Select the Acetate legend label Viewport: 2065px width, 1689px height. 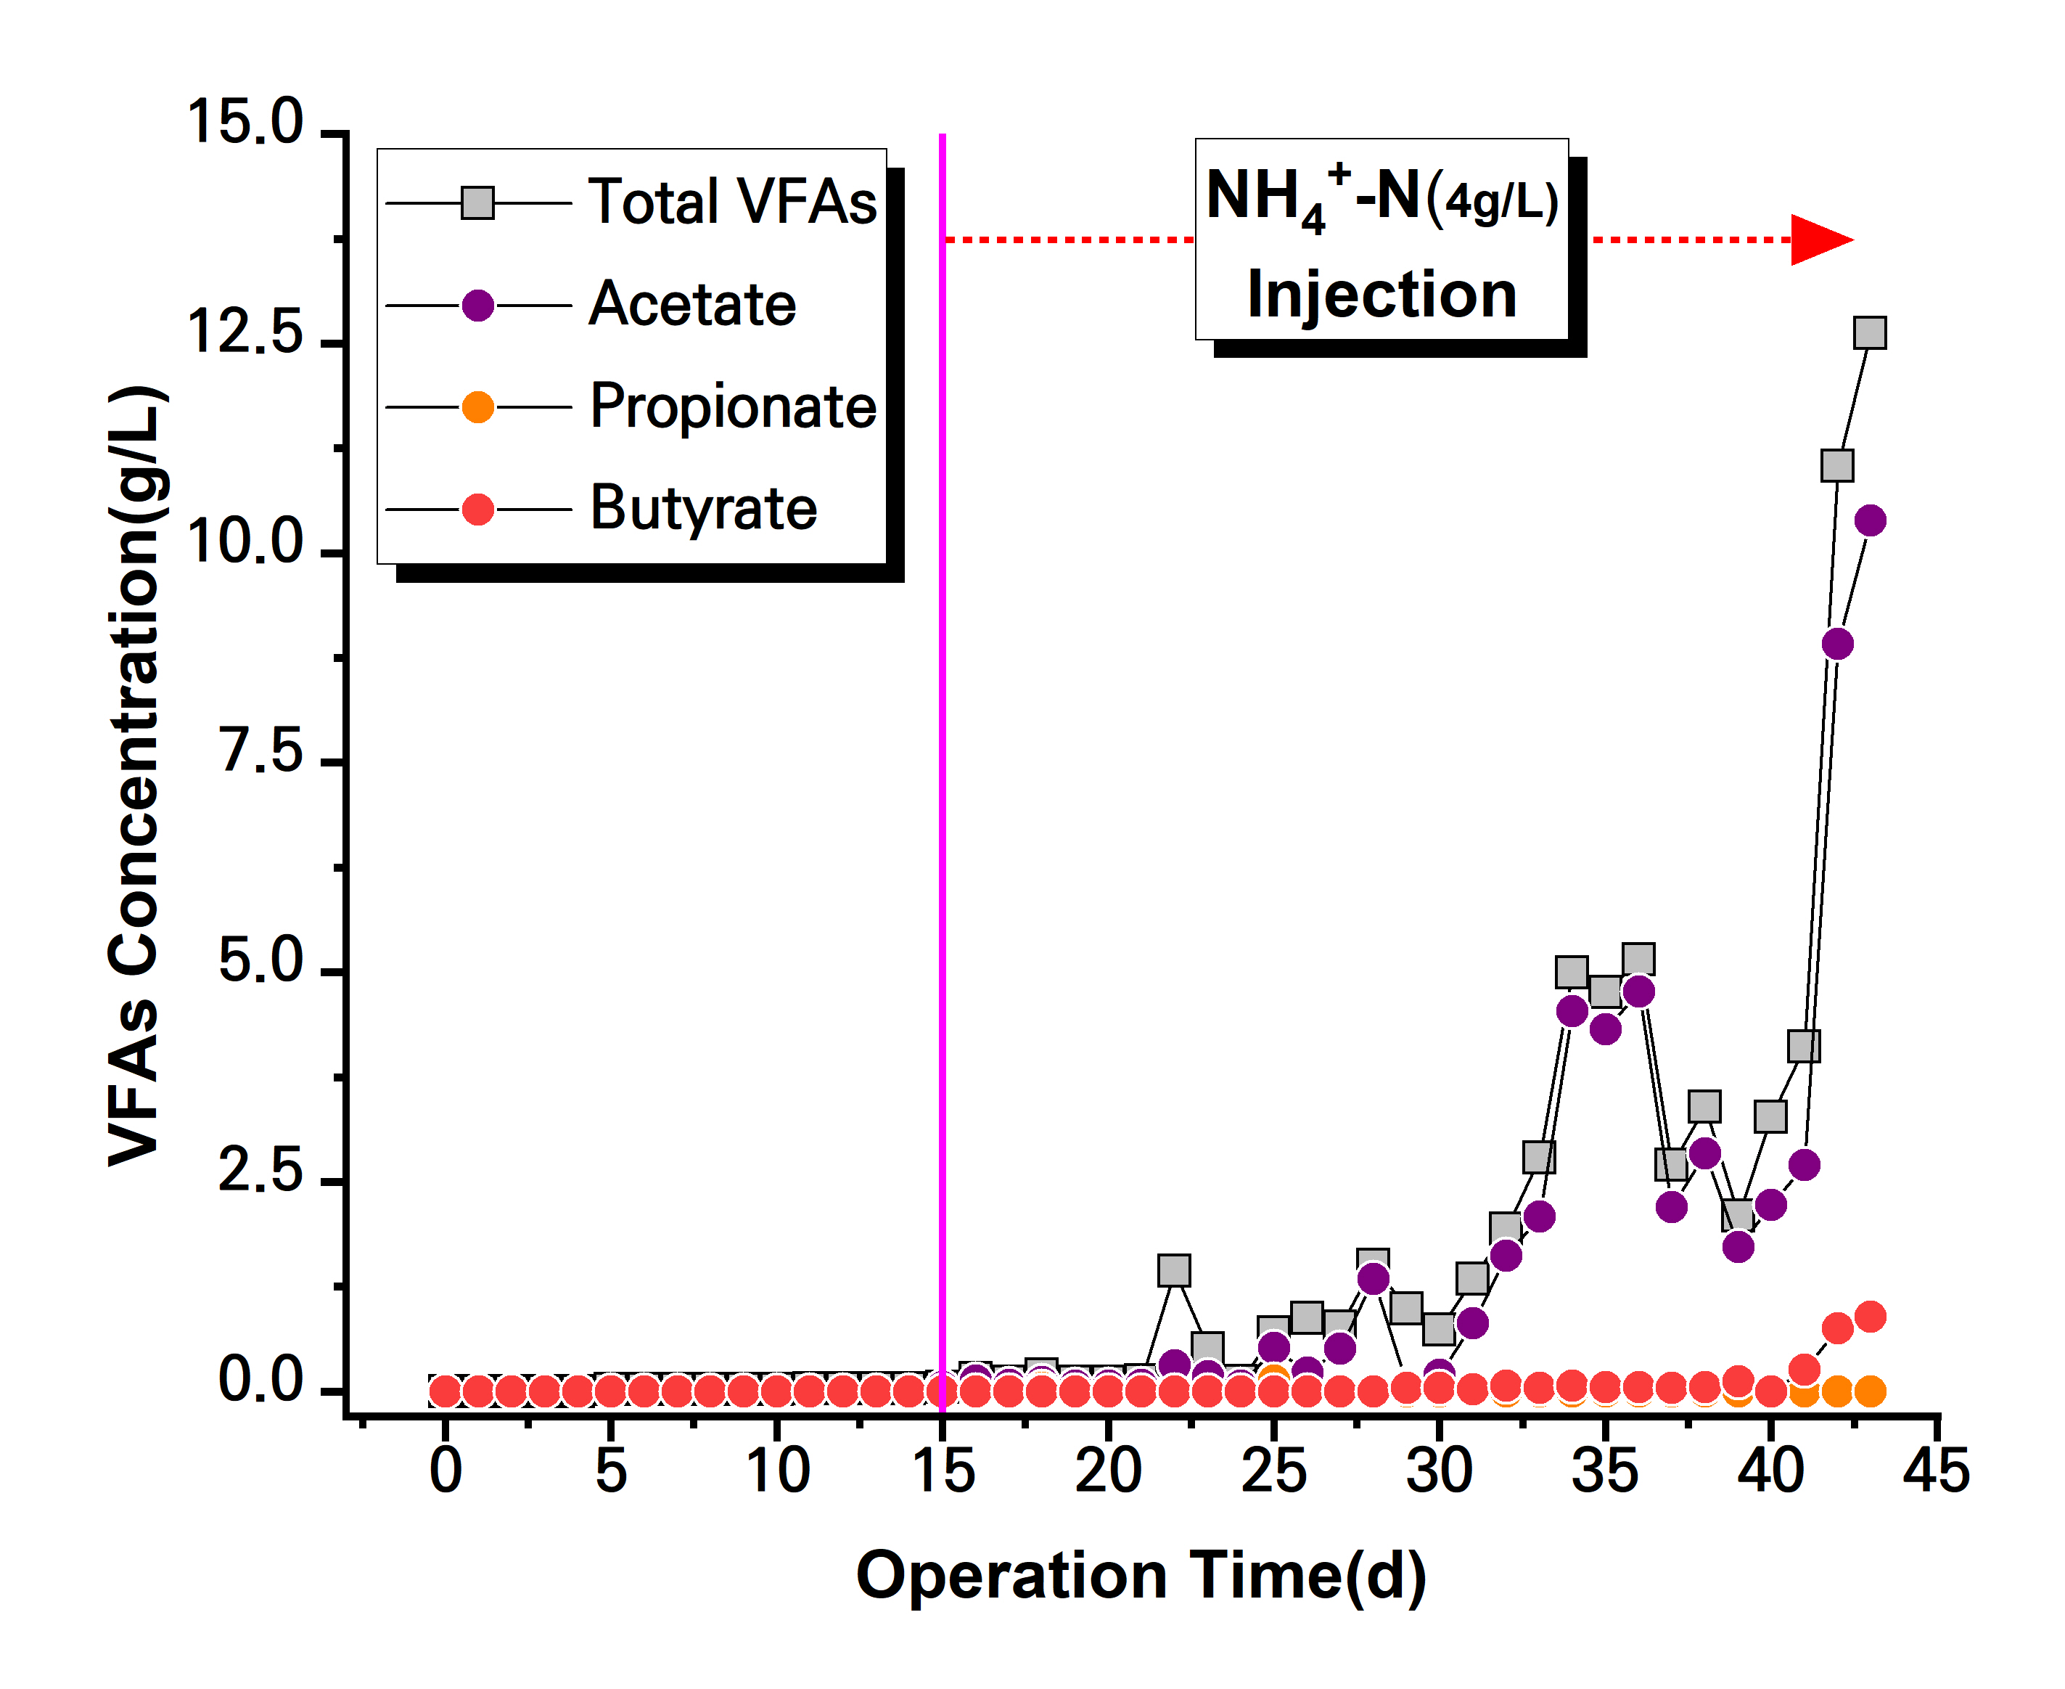(692, 305)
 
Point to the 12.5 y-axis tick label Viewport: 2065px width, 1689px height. (245, 332)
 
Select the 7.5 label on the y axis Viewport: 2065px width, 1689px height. (260, 751)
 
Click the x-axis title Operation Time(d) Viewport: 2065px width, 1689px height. (1141, 1576)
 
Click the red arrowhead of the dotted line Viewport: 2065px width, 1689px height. (1821, 240)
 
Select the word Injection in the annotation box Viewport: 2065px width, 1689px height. (1382, 294)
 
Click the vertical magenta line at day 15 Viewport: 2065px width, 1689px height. (943, 778)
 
